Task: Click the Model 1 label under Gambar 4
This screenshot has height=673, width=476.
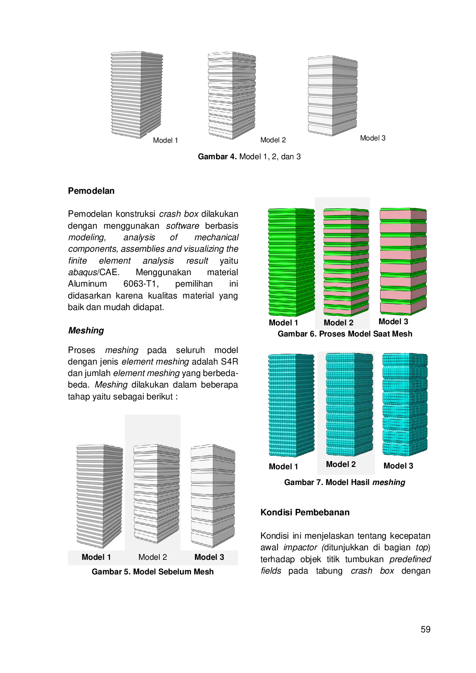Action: [x=165, y=140]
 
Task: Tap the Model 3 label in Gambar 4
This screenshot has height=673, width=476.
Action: [x=372, y=138]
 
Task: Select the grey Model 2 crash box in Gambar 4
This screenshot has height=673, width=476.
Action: [x=232, y=95]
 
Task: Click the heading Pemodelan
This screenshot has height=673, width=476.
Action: [x=91, y=191]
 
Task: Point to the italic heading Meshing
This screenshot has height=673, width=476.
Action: [x=86, y=330]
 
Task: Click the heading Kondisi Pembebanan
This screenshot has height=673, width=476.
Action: [x=305, y=512]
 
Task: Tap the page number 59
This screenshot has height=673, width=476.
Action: [x=425, y=629]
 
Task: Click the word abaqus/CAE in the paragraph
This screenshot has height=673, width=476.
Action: [x=94, y=272]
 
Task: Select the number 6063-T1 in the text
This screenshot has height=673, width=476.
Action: [x=141, y=284]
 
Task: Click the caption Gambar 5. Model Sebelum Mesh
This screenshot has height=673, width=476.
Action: [x=153, y=572]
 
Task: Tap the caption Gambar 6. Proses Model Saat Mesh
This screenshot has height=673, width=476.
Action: [x=345, y=334]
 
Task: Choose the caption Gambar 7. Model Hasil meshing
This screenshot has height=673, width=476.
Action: [x=344, y=482]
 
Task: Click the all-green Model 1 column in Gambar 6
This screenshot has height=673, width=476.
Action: [x=291, y=262]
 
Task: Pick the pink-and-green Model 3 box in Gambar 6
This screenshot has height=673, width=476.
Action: [x=403, y=261]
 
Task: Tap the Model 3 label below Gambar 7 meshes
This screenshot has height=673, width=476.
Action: [x=398, y=466]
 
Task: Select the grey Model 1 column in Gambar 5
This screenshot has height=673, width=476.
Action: [x=100, y=497]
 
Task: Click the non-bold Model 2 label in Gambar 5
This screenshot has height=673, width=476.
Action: [x=153, y=557]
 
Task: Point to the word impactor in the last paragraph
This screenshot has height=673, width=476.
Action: [x=300, y=547]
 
